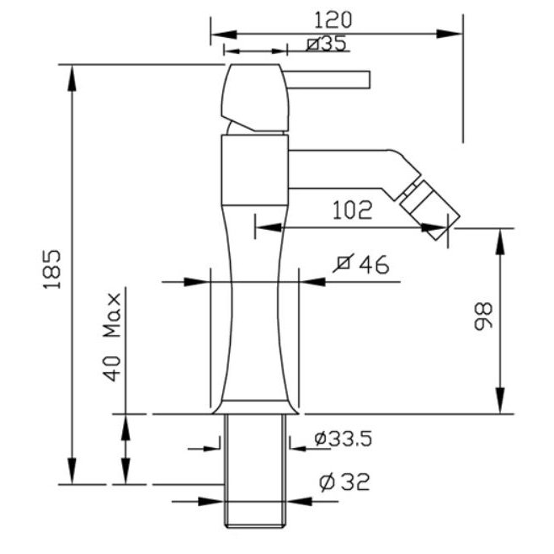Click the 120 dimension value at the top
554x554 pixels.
pos(333,20)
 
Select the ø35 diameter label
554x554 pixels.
pos(327,44)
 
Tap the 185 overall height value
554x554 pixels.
pos(52,269)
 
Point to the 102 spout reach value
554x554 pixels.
pos(353,210)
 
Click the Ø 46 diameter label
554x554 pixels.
pos(361,264)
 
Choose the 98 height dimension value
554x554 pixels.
pos(482,316)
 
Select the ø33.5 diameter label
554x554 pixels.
pos(343,439)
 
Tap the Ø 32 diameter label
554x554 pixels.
pos(344,482)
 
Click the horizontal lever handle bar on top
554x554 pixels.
pos(328,79)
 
